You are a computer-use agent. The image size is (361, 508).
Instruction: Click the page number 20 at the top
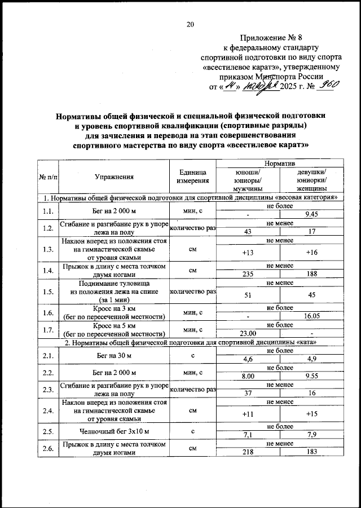pos(190,24)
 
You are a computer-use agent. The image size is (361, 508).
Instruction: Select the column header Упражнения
pos(115,177)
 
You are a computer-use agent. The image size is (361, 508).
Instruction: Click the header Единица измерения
pos(192,176)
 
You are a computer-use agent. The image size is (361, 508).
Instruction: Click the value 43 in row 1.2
pos(248,231)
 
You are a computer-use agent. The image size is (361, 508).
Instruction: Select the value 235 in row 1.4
pos(248,274)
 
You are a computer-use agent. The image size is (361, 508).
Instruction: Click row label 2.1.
pos(48,355)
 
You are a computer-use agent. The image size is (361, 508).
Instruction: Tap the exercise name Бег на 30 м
pos(115,355)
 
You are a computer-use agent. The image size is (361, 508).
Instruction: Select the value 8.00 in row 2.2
pos(248,376)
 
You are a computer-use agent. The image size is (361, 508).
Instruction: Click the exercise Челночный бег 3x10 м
pos(115,432)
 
